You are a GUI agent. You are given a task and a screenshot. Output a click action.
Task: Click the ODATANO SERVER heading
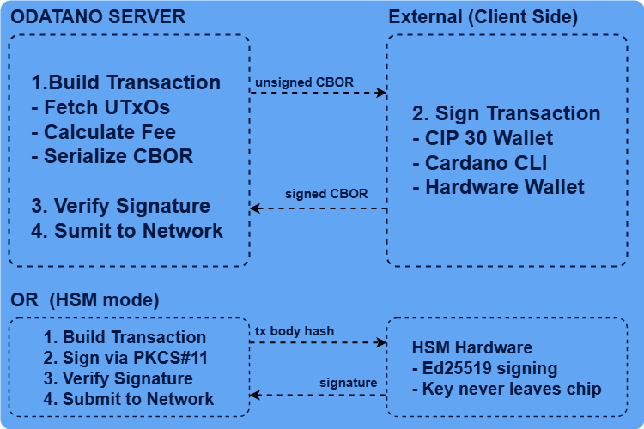coord(97,17)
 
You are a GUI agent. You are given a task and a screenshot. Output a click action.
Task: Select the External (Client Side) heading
coord(483,17)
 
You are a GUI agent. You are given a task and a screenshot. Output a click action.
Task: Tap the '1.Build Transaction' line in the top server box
coord(126,83)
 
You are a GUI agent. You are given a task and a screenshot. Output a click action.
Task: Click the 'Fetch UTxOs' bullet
coord(100,107)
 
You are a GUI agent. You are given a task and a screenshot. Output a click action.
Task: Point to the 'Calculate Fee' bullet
coord(104,132)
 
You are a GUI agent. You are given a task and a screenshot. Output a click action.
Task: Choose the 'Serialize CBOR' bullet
coord(112,156)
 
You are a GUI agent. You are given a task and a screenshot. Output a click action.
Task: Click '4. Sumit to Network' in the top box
coord(128,231)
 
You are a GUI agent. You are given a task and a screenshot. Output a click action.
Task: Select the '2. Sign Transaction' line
coord(507,113)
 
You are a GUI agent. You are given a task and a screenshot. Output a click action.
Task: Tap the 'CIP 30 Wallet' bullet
coord(483,137)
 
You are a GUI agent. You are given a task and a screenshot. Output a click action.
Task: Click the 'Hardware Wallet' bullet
coord(498,186)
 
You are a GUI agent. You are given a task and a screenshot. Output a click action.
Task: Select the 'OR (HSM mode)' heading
coord(85,301)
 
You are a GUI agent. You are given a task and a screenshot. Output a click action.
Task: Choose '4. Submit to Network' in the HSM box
coord(129,399)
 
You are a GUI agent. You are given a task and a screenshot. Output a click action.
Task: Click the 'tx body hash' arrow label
coord(295,330)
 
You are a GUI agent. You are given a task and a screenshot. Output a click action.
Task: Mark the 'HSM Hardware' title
coord(472,348)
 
